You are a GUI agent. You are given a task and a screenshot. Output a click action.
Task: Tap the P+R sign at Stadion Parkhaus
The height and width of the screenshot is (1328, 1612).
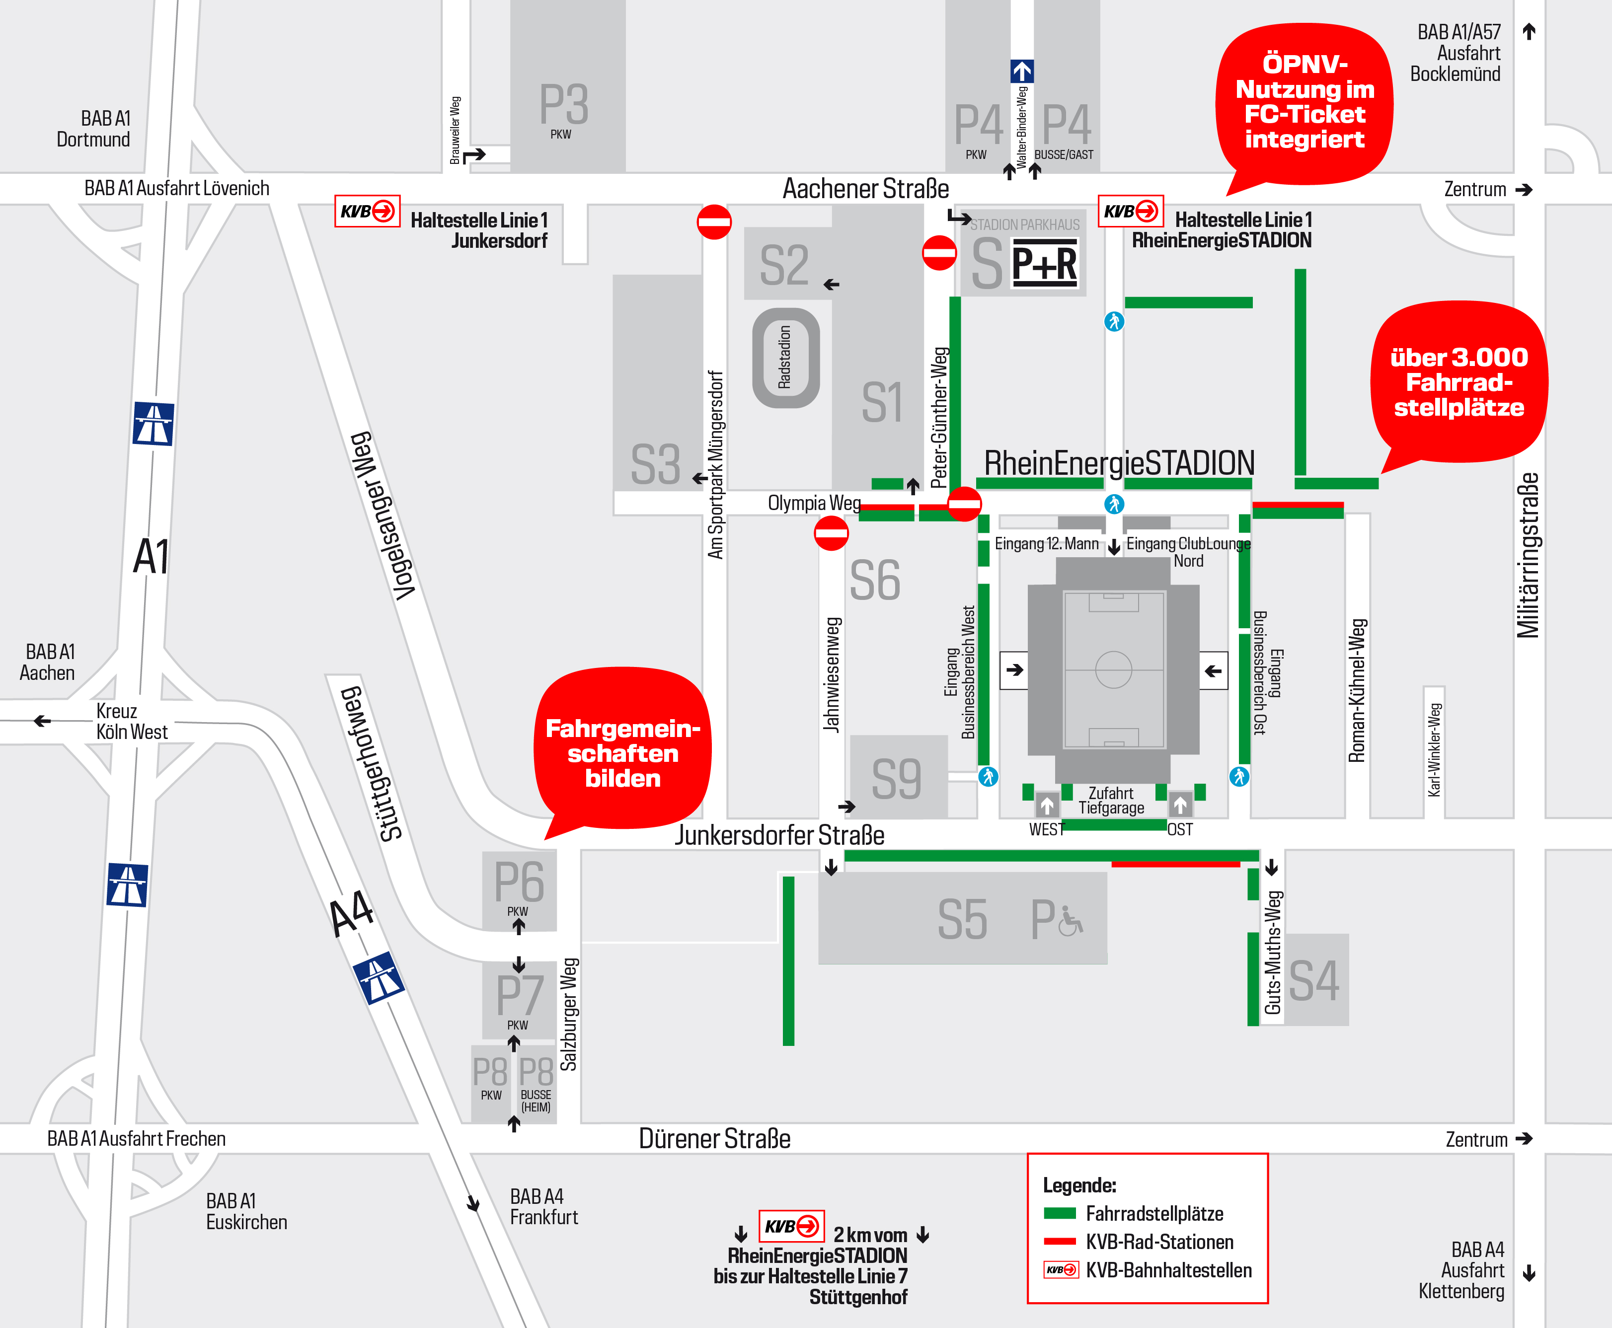(x=1044, y=264)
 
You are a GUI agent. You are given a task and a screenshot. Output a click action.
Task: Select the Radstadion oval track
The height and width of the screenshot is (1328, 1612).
(x=786, y=357)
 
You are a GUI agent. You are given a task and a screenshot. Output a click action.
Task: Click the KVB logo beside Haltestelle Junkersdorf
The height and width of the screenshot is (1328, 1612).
(x=367, y=211)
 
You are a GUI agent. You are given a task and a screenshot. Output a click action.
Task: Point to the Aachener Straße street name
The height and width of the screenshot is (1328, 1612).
(x=865, y=189)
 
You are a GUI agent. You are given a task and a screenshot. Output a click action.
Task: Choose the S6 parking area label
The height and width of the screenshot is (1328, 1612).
(x=874, y=581)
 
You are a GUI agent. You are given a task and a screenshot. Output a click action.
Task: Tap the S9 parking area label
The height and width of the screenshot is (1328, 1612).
(x=896, y=779)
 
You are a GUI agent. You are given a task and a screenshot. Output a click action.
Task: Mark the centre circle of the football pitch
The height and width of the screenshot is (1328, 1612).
(x=1113, y=669)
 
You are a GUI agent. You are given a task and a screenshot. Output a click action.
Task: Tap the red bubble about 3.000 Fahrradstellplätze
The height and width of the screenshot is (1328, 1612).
(x=1458, y=382)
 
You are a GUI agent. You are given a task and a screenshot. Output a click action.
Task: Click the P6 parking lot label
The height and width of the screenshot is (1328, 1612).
(x=519, y=882)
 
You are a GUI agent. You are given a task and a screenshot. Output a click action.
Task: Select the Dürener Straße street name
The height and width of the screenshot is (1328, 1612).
(x=714, y=1138)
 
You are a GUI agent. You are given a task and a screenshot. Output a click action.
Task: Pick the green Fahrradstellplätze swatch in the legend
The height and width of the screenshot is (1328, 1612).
(x=1060, y=1213)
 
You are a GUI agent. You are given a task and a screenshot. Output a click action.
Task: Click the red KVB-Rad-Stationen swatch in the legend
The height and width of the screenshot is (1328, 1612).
(x=1060, y=1242)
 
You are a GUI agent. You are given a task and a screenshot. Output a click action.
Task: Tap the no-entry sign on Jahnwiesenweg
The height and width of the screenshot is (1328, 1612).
(x=831, y=533)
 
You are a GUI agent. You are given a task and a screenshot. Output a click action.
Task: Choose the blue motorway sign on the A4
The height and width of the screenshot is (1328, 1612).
(x=379, y=978)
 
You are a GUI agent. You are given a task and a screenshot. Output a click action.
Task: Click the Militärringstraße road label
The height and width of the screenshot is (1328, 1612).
(x=1527, y=555)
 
